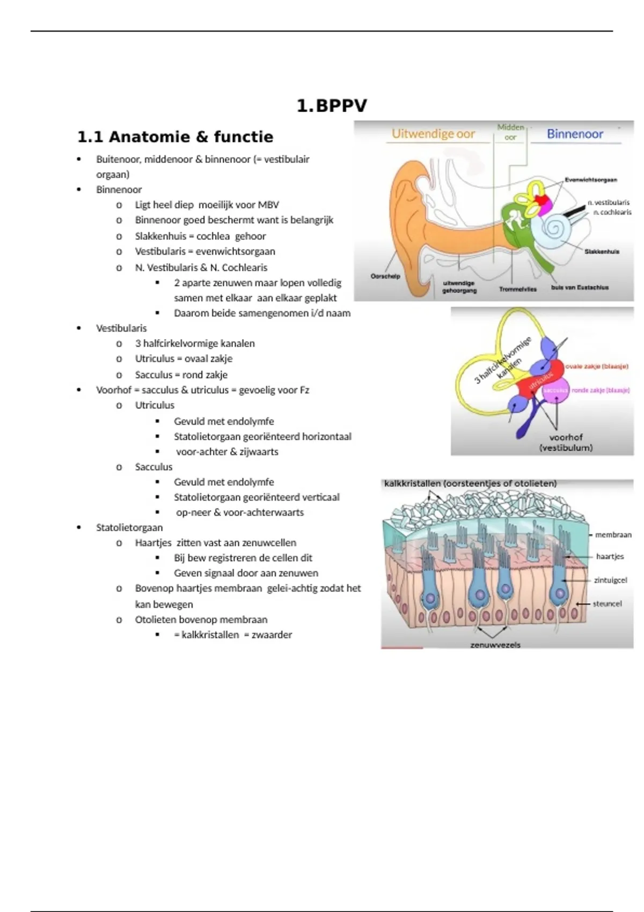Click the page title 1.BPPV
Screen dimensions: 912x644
332,106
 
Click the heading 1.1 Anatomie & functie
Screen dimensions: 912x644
175,137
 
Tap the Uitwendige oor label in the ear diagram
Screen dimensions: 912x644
433,134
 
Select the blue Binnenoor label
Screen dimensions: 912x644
575,134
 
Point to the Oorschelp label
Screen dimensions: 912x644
385,276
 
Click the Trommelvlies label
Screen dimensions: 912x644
517,289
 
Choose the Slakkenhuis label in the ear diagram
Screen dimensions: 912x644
602,251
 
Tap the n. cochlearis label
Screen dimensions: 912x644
612,212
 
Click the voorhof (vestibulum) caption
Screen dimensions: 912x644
566,443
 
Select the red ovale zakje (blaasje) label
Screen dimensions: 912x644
596,366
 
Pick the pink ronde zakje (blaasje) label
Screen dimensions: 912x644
600,390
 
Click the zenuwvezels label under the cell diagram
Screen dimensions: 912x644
495,645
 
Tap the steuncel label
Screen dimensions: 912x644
607,604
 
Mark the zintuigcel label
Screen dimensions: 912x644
610,580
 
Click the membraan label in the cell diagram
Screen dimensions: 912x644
613,535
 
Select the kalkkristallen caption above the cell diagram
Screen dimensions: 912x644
470,483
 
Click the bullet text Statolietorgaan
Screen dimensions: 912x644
129,527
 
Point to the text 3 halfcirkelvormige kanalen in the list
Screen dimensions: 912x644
195,343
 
